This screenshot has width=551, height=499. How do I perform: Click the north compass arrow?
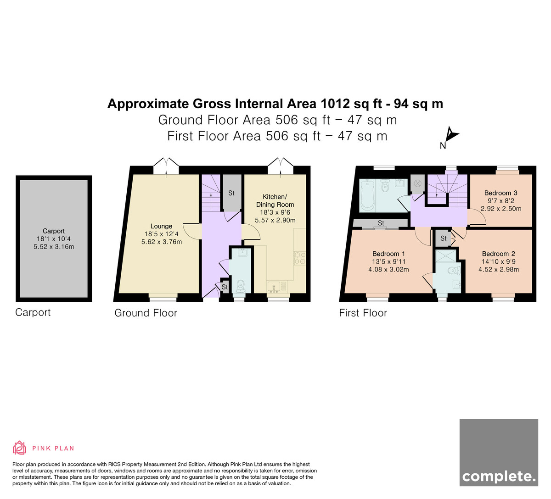451,134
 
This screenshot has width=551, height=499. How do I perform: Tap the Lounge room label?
161,226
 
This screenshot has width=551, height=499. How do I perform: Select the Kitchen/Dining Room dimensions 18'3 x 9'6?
275,212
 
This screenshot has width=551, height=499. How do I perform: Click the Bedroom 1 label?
388,254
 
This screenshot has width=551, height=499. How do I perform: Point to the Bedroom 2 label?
498,254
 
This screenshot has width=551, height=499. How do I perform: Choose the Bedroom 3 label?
501,193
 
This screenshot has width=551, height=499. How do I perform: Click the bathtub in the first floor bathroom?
367,195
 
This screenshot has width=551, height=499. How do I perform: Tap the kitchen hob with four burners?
300,258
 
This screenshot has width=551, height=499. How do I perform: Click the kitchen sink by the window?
274,287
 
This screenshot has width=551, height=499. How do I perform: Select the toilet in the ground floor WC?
241,285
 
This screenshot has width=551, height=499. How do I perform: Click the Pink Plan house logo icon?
19,448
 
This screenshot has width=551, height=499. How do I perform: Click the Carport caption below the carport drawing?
33,312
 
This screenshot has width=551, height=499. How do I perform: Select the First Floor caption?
363,313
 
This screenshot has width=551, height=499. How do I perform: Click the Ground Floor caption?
146,313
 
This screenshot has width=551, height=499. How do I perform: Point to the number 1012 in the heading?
335,104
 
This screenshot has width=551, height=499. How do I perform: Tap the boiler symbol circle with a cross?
417,183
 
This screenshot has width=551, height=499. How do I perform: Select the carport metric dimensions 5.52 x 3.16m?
54,246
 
